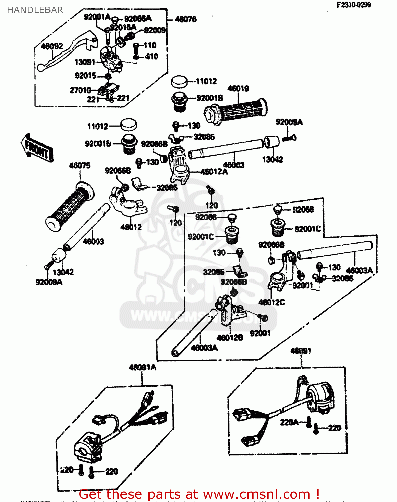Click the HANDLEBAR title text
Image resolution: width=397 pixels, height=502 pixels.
[35, 10]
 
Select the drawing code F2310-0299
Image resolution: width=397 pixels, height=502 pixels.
[354, 5]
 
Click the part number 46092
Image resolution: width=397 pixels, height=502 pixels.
[52, 46]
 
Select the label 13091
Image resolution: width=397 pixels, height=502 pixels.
[85, 62]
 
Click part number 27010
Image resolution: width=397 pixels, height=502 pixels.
[80, 90]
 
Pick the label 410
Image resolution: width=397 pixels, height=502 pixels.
[152, 56]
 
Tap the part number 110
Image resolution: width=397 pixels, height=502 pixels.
[150, 45]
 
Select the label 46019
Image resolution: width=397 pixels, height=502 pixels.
[238, 89]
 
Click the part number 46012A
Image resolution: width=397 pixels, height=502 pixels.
[214, 172]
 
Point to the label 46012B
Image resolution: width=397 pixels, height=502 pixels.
[230, 338]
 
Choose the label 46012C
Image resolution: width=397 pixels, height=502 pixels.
[271, 302]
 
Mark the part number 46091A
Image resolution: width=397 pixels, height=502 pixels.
[142, 367]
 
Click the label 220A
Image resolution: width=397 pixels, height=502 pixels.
[289, 422]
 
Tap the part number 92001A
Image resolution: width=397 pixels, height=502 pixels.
[97, 17]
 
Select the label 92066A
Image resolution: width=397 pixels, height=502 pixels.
[137, 19]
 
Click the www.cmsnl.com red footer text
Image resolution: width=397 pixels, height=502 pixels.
[199, 494]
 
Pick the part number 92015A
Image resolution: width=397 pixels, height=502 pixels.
[123, 27]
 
